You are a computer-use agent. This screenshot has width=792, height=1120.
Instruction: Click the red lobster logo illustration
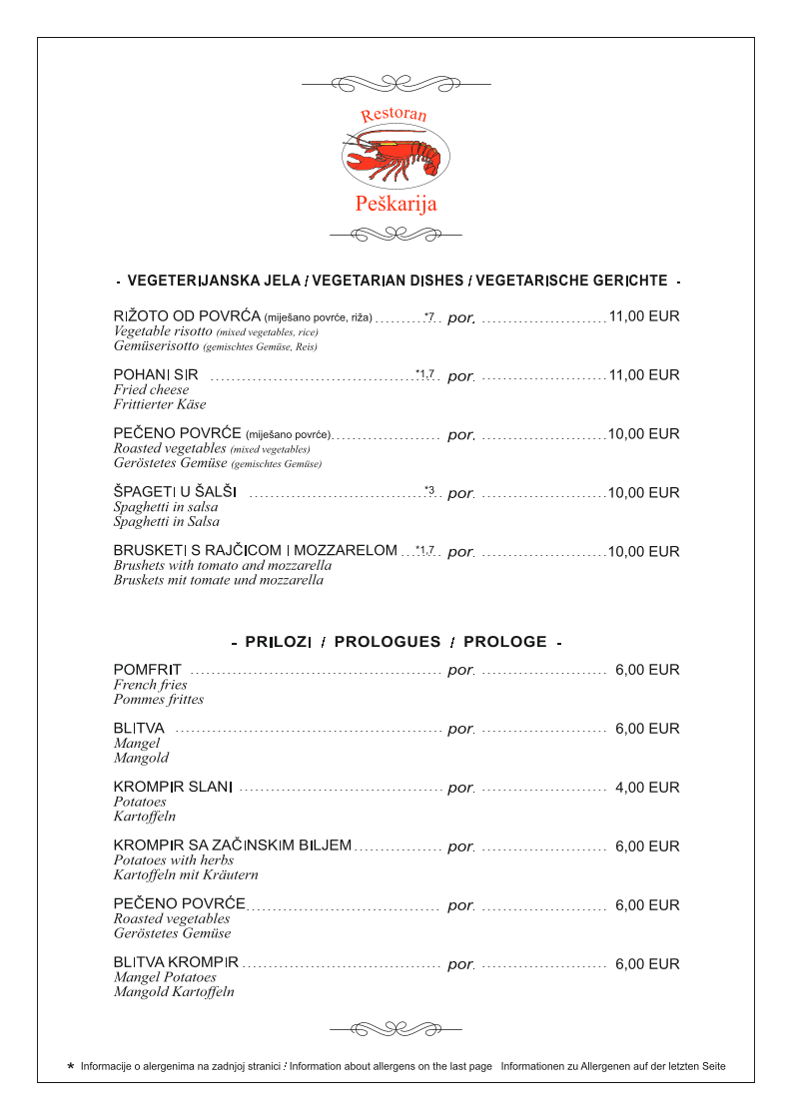point(396,158)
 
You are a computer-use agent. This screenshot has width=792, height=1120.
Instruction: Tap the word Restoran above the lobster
point(394,115)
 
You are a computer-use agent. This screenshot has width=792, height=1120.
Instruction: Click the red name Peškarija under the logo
point(396,205)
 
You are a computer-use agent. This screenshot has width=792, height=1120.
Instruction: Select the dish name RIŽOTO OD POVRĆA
point(187,316)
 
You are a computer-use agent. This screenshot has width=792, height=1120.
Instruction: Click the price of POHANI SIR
point(644,375)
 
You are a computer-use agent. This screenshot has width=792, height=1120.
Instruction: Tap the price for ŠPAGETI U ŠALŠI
point(644,493)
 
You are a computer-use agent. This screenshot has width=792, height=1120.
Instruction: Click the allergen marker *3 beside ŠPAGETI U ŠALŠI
point(428,490)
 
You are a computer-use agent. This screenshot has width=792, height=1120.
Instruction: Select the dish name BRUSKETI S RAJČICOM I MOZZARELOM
point(255,551)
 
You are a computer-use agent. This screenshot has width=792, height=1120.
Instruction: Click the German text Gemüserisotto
point(157,346)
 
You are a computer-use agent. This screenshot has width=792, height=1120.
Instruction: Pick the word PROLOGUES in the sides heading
point(388,642)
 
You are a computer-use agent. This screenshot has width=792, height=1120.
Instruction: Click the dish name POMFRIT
point(148,670)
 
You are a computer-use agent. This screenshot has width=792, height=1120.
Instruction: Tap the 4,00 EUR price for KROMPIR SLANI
point(647,788)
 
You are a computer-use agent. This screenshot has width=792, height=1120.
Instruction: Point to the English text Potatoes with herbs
point(174,860)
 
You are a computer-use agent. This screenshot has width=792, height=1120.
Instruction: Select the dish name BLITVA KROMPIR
point(176,964)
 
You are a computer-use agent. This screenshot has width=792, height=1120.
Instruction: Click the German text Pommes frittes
point(159,700)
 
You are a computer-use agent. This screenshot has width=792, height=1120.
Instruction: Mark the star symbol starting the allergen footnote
point(70,1066)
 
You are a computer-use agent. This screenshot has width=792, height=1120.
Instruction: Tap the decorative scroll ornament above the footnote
point(396,1028)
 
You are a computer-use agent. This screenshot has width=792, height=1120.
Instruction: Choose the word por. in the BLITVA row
point(460,730)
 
